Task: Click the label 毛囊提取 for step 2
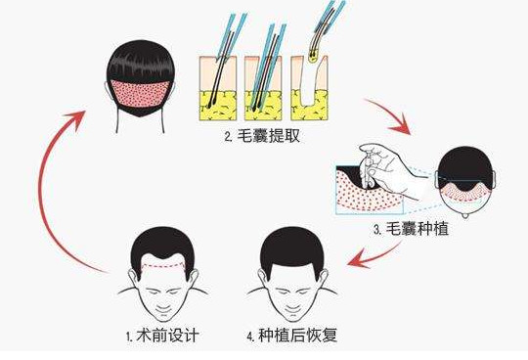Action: (x=268, y=136)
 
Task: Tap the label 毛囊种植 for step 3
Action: (x=417, y=229)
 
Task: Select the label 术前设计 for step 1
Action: (x=168, y=336)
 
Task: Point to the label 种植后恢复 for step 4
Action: (x=297, y=336)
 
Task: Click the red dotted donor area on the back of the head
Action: (x=140, y=93)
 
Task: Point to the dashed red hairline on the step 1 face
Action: (x=163, y=266)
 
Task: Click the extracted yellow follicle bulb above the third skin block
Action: (x=314, y=58)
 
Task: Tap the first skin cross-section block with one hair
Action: (x=218, y=88)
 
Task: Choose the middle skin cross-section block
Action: (x=263, y=88)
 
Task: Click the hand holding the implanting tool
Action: (x=387, y=168)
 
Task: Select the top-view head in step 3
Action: (x=465, y=181)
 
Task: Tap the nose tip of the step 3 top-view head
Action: (x=465, y=216)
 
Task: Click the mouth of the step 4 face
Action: (x=292, y=309)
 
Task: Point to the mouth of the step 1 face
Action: (x=163, y=309)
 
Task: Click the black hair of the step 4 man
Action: (x=292, y=246)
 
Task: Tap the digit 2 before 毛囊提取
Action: (x=228, y=137)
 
